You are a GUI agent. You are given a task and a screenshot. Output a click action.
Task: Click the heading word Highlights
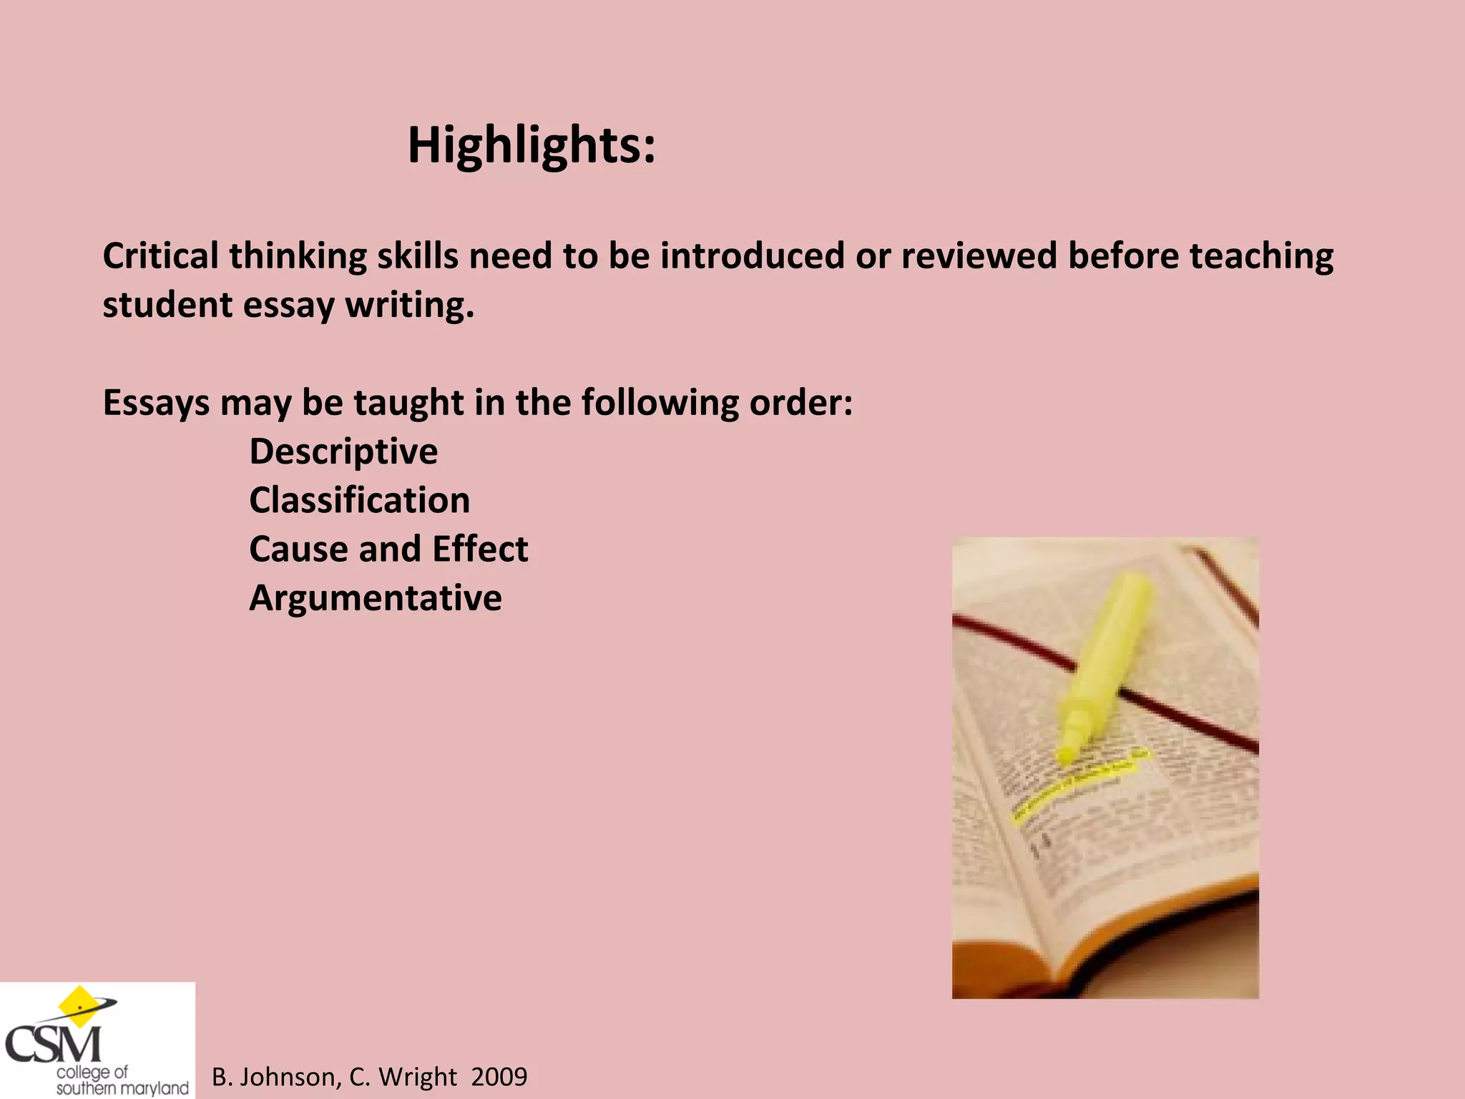(x=531, y=146)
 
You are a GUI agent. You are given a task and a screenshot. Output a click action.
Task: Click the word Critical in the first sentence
(x=160, y=256)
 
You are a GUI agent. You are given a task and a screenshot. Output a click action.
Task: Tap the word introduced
(x=752, y=256)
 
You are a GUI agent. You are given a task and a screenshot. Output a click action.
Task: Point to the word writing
(x=409, y=306)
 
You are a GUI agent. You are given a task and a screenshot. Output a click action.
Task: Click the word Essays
(x=156, y=404)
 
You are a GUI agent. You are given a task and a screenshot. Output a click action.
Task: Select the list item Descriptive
(x=343, y=452)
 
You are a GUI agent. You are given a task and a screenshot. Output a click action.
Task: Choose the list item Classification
(x=359, y=501)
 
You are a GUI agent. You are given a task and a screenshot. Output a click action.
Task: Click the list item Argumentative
(x=376, y=599)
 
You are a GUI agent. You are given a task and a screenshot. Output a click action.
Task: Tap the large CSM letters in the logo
(x=54, y=1045)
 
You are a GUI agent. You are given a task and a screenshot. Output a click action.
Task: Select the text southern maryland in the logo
(x=122, y=1088)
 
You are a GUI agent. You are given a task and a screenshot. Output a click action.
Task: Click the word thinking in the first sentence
(x=297, y=256)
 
